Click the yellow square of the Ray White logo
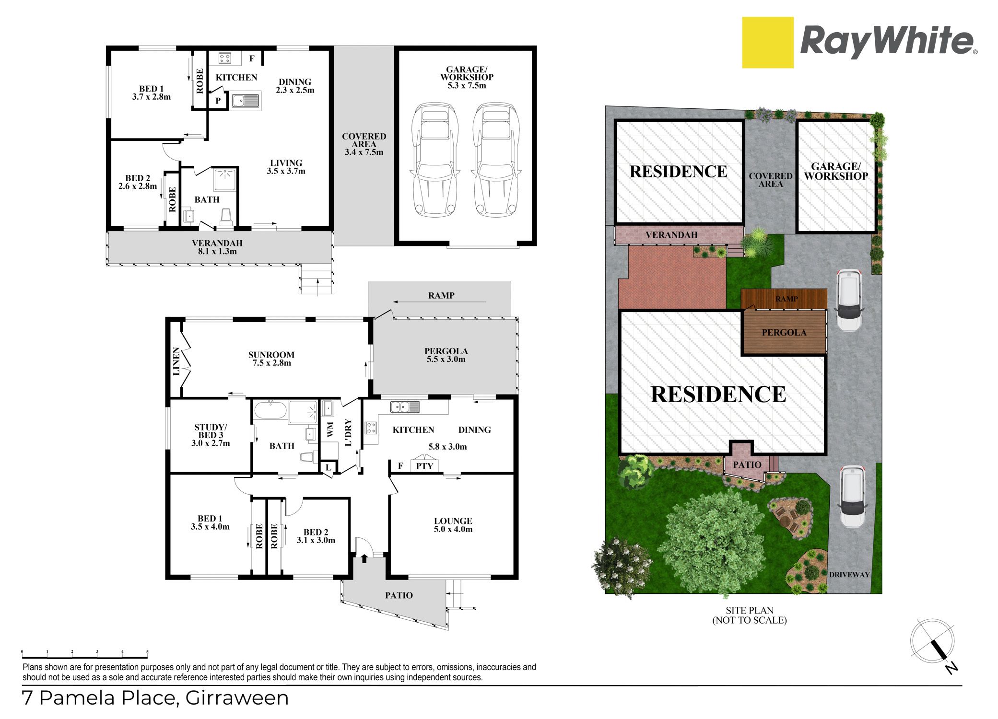(x=767, y=43)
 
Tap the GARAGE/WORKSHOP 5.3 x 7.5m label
(x=467, y=77)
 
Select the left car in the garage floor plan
(x=434, y=159)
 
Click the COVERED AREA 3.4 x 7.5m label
(x=364, y=144)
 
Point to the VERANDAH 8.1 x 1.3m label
(x=217, y=247)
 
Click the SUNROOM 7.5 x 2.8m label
(x=271, y=359)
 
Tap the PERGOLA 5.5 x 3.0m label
(x=446, y=355)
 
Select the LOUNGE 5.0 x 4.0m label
(x=453, y=525)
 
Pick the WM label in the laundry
(x=330, y=429)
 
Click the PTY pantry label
(x=424, y=466)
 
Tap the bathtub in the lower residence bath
(x=270, y=411)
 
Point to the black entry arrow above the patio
(x=364, y=558)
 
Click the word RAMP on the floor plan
(x=441, y=296)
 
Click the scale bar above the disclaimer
(x=85, y=655)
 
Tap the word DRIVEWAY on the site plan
(x=849, y=575)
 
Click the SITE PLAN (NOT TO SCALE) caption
(x=750, y=615)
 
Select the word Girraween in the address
(x=237, y=698)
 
